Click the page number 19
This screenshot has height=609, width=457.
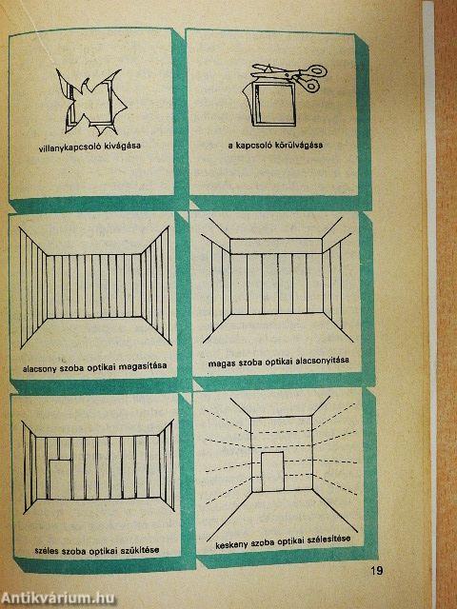pyautogui.click(x=377, y=571)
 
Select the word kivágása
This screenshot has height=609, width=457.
pyautogui.click(x=123, y=147)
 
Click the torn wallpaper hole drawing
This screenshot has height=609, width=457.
pyautogui.click(x=92, y=102)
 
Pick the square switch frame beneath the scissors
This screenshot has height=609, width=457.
pyautogui.click(x=274, y=104)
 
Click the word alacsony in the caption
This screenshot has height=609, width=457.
pyautogui.click(x=39, y=368)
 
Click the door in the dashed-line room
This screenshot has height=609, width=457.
pyautogui.click(x=273, y=472)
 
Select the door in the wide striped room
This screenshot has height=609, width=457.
pyautogui.click(x=60, y=480)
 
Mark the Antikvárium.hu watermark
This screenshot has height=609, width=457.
pyautogui.click(x=57, y=599)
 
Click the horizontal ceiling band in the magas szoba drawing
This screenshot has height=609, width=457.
pyautogui.click(x=276, y=246)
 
